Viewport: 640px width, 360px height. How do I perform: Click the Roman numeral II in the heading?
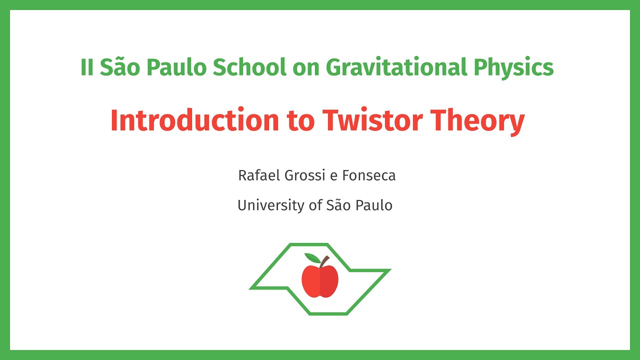click(87, 67)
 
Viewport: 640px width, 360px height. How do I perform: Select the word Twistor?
click(372, 120)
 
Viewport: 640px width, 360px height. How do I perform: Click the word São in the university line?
click(339, 205)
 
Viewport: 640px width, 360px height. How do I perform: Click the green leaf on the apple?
click(312, 258)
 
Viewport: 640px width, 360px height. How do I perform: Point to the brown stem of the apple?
click(324, 261)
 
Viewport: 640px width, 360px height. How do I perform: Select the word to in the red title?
click(300, 120)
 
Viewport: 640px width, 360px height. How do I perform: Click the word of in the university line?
click(315, 205)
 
